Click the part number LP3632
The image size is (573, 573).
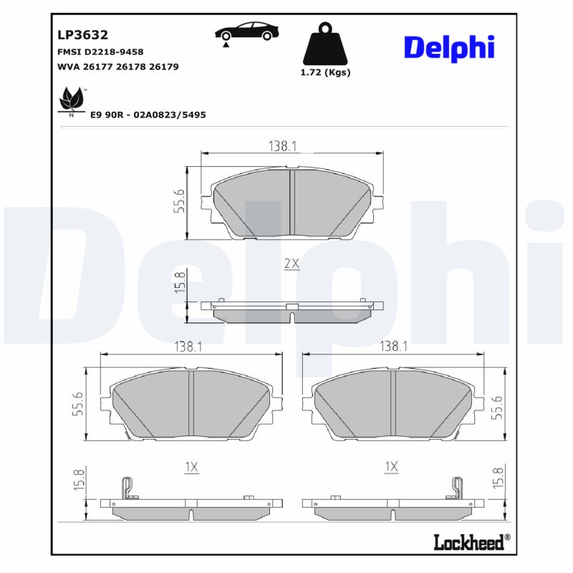click(82, 34)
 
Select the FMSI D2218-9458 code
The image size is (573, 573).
click(100, 52)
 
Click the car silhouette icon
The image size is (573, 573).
click(246, 33)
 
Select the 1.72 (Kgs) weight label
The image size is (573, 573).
click(325, 72)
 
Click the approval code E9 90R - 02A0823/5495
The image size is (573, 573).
click(148, 115)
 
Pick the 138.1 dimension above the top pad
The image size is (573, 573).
click(283, 146)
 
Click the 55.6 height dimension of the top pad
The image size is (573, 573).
click(179, 203)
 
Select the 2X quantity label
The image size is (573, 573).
click(291, 264)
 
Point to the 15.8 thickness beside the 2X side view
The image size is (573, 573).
click(180, 283)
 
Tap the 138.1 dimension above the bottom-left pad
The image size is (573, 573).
click(188, 347)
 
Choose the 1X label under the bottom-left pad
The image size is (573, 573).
click(191, 467)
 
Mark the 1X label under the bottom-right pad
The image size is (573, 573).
click(391, 467)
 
